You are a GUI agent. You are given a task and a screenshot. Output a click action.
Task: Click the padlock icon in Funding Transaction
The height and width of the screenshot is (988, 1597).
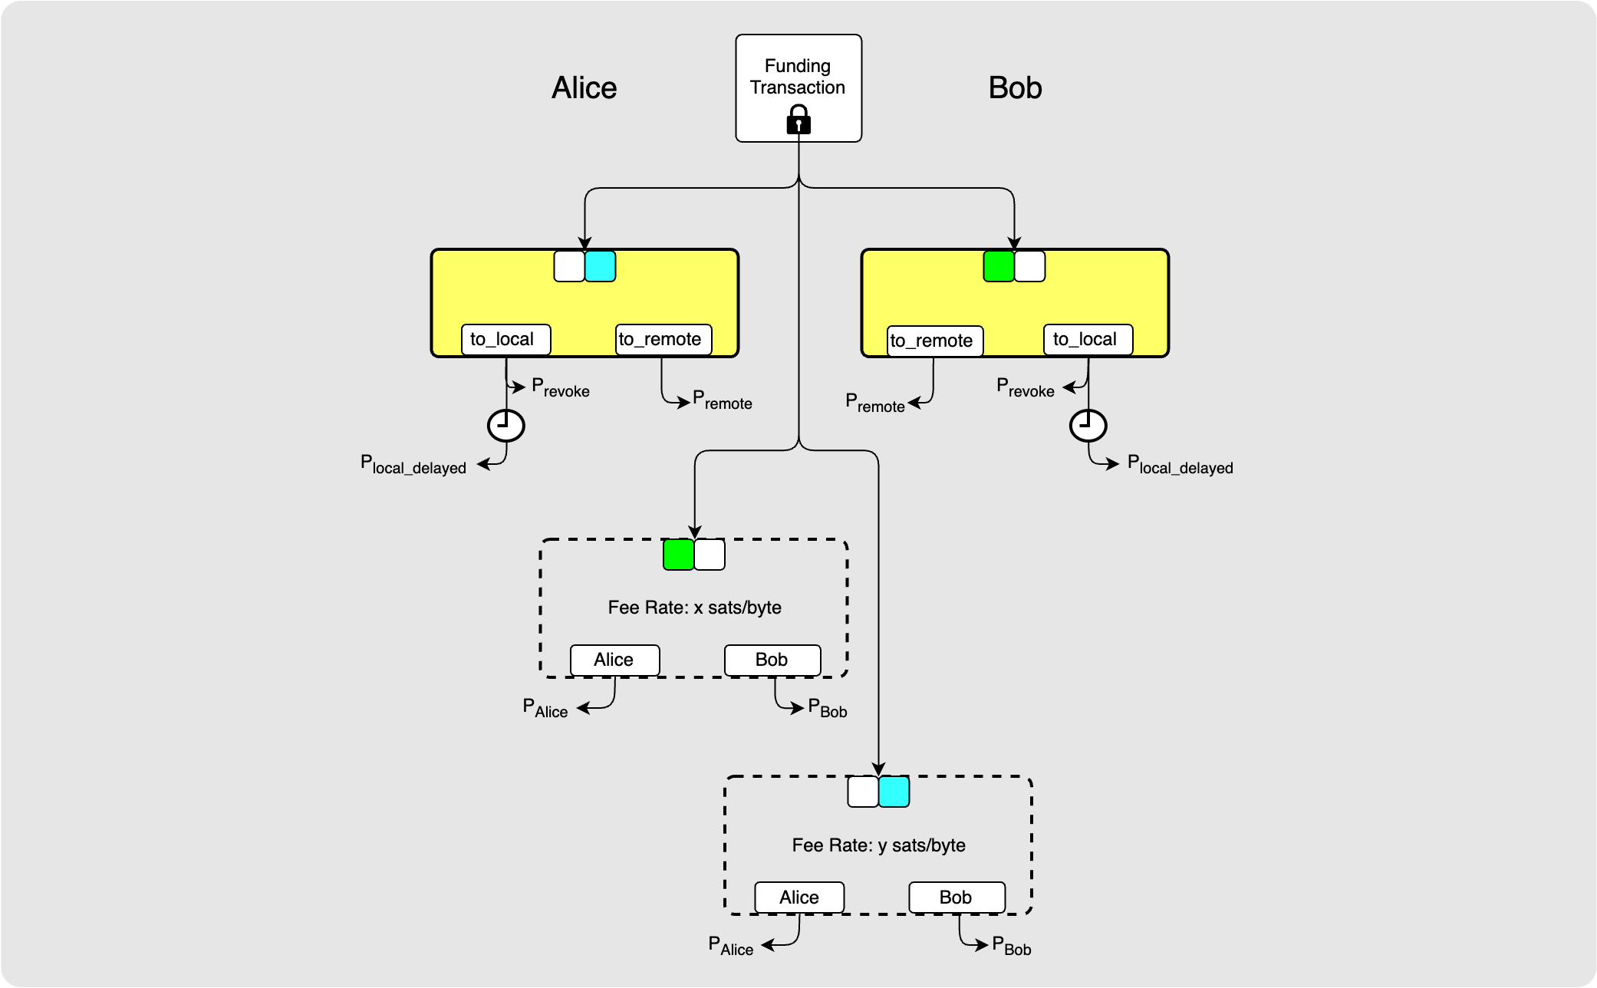click(x=798, y=120)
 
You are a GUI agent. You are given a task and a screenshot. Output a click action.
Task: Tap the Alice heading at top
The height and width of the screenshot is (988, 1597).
click(x=584, y=88)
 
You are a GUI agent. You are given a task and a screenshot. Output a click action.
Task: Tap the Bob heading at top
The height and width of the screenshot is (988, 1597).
click(x=1015, y=88)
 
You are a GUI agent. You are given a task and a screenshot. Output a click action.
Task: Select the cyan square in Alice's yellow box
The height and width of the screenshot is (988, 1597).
click(x=600, y=266)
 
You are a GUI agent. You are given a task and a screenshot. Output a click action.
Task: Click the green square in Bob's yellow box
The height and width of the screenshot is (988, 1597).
click(x=999, y=266)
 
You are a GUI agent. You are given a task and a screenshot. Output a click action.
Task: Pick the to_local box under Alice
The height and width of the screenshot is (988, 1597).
click(x=505, y=340)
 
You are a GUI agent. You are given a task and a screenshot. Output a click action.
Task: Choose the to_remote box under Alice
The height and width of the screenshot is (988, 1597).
click(x=663, y=340)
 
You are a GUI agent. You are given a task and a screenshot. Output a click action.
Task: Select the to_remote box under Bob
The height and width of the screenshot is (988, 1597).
click(x=935, y=341)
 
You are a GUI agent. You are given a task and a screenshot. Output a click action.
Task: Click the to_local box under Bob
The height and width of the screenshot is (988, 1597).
click(x=1088, y=340)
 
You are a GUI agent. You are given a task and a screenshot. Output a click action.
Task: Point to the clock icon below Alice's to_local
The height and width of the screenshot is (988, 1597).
click(x=506, y=425)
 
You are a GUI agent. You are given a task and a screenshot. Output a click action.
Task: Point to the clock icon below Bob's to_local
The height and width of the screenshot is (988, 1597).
click(x=1088, y=425)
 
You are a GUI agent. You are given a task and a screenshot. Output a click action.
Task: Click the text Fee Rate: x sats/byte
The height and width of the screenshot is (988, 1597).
click(x=694, y=608)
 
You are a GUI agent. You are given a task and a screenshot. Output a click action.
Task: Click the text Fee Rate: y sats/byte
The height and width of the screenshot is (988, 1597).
click(x=878, y=845)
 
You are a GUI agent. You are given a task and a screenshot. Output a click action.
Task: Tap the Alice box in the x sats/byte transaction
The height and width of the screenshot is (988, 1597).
click(x=614, y=660)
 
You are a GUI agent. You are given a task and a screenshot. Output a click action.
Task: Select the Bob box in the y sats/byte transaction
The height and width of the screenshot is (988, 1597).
click(x=957, y=897)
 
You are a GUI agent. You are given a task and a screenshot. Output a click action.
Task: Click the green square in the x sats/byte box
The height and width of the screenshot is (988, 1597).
click(x=678, y=555)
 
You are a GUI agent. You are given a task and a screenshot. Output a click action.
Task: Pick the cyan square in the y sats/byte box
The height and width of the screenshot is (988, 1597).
click(x=894, y=792)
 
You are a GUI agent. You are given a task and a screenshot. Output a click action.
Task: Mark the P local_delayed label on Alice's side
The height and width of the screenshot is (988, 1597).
click(x=413, y=465)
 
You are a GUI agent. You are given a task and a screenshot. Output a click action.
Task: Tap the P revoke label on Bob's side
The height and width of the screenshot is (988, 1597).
click(x=1025, y=388)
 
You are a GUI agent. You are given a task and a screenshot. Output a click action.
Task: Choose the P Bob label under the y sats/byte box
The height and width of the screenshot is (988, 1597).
click(x=1011, y=946)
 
